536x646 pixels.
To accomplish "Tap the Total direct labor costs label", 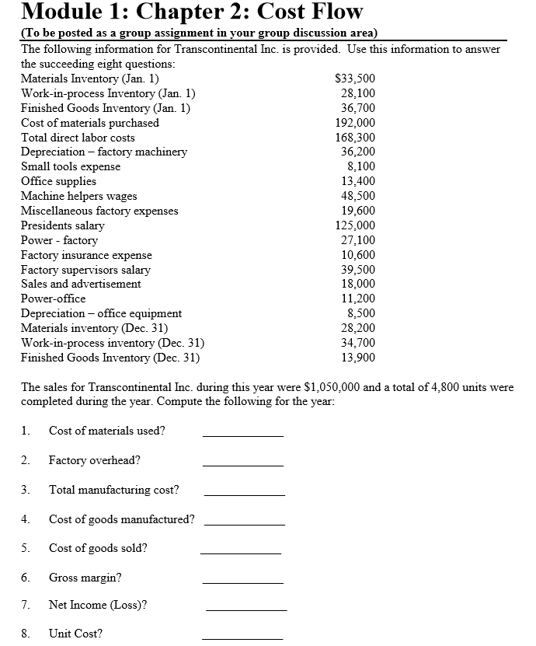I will pos(78,138).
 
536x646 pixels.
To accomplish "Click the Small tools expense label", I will pos(71,167).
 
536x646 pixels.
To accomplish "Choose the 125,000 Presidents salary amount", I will pos(357,225).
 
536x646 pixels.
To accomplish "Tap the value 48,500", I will pos(360,196).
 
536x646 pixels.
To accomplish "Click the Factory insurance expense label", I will pos(86,255).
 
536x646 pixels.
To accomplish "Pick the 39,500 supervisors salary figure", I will pos(360,270).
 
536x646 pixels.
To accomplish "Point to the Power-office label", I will pos(53,299).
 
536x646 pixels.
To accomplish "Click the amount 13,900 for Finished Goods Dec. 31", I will pos(360,358).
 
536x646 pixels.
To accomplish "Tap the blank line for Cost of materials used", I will pos(243,435).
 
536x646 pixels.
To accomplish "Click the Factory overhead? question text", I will pos(95,460).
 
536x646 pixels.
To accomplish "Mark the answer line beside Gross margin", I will pos(243,582).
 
